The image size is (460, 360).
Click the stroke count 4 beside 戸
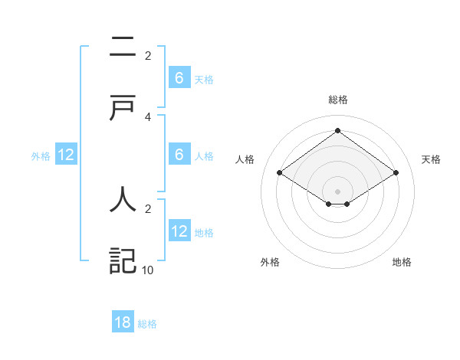point(148,116)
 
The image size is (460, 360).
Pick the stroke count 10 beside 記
point(148,270)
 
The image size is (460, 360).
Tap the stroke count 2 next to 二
point(148,56)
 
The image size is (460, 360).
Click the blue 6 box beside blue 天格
point(179,77)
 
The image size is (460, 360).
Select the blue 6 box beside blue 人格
point(179,155)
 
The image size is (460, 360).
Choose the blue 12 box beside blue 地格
point(179,231)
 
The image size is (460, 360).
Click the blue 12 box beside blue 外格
point(66,155)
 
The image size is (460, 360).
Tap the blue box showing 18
point(123,322)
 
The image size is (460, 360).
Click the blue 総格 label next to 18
point(147,324)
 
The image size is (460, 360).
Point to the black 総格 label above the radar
point(337,100)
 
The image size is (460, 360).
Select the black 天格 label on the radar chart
point(431,159)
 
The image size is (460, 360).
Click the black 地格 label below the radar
point(402,262)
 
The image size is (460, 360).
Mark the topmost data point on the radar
point(337,130)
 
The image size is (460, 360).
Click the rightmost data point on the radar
point(396,173)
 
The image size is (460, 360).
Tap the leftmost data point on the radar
point(280,173)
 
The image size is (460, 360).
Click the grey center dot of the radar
point(337,191)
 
